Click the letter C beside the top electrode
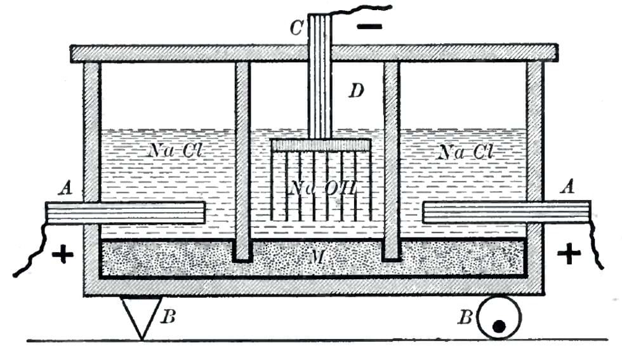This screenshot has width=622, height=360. (296, 28)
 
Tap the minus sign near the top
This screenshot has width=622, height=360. (369, 27)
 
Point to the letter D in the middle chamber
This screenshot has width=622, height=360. (356, 91)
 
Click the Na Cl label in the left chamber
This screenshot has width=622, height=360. (176, 150)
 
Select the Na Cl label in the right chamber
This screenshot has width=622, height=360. (465, 152)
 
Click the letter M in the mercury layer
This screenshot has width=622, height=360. (317, 257)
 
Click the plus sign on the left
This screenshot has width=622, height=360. (63, 254)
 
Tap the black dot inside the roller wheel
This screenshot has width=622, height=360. (499, 326)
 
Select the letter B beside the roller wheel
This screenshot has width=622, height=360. (466, 317)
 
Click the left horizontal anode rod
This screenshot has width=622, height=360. (125, 213)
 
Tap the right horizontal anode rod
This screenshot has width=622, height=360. (506, 212)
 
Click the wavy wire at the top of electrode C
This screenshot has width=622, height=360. (361, 10)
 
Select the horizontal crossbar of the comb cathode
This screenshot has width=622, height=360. (321, 145)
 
